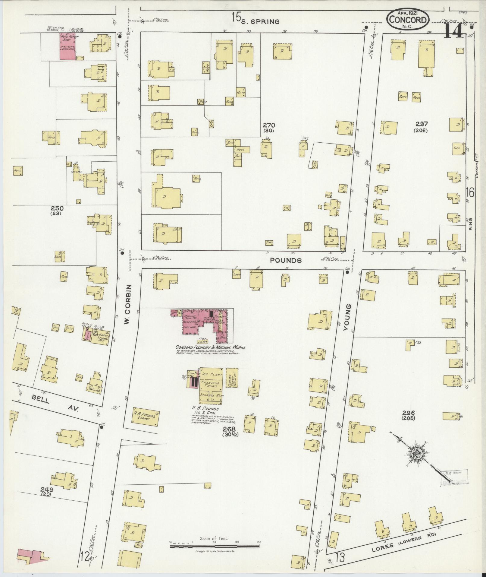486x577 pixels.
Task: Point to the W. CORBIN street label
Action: pos(127,305)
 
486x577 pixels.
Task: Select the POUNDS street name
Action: pos(286,260)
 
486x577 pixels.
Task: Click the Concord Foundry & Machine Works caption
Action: pos(211,347)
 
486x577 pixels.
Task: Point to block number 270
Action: pos(268,125)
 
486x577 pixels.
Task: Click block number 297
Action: pos(421,124)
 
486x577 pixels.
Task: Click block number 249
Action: pos(48,489)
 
